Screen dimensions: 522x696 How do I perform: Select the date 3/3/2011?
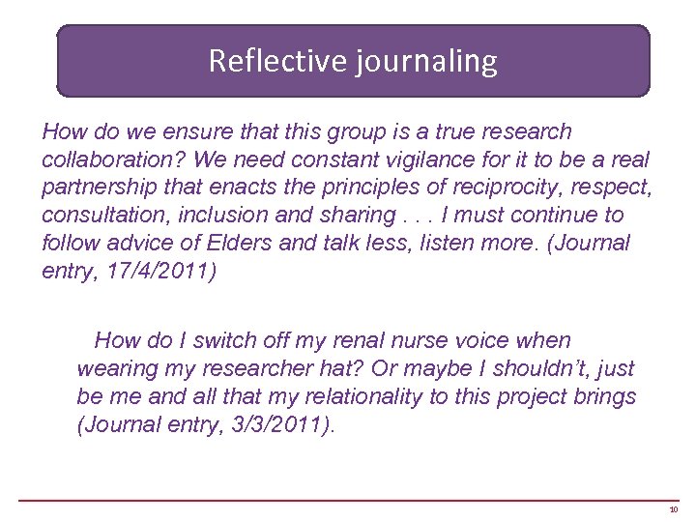point(276,424)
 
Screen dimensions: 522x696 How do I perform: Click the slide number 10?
point(673,508)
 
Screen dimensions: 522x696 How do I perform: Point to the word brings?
point(605,396)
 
